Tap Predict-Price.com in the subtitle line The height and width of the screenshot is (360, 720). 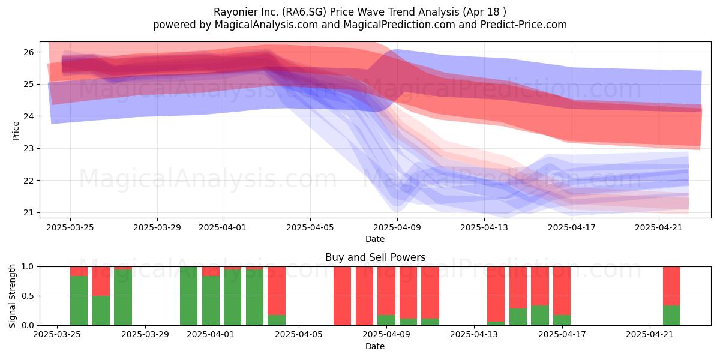click(524, 25)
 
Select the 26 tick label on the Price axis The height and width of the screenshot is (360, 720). click(29, 52)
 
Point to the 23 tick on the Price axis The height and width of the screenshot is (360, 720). click(29, 149)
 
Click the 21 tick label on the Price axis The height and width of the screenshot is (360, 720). click(29, 213)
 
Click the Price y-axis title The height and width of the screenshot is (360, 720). click(16, 131)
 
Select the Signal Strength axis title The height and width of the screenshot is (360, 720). click(12, 296)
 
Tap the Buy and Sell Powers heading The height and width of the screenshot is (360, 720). click(375, 257)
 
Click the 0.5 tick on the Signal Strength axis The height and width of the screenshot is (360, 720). click(28, 296)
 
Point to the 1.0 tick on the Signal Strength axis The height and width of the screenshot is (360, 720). click(28, 267)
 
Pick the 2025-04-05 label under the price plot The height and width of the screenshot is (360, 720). click(310, 228)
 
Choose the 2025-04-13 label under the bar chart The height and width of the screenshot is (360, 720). click(474, 335)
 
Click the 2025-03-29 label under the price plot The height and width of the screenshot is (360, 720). click(157, 228)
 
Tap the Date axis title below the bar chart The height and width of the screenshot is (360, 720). click(375, 347)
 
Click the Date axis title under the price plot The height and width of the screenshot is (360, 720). click(375, 239)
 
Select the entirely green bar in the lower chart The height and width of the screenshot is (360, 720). click(188, 296)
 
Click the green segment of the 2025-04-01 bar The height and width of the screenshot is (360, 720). click(211, 301)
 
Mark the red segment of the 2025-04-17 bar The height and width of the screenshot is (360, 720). click(562, 291)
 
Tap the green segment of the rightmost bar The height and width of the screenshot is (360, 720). click(672, 316)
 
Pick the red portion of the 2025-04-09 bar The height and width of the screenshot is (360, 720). click(386, 291)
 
